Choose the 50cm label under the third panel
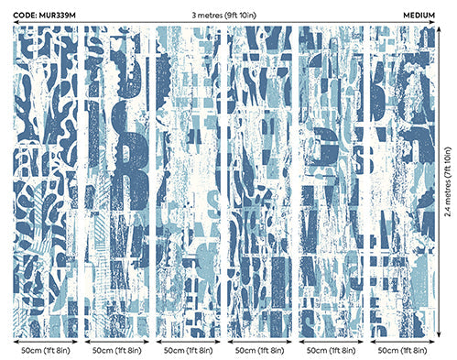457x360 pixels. click(190, 350)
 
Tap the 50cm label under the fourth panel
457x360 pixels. click(261, 350)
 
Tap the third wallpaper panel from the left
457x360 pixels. click(190, 182)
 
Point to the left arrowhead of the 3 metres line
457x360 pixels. click(17, 21)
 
